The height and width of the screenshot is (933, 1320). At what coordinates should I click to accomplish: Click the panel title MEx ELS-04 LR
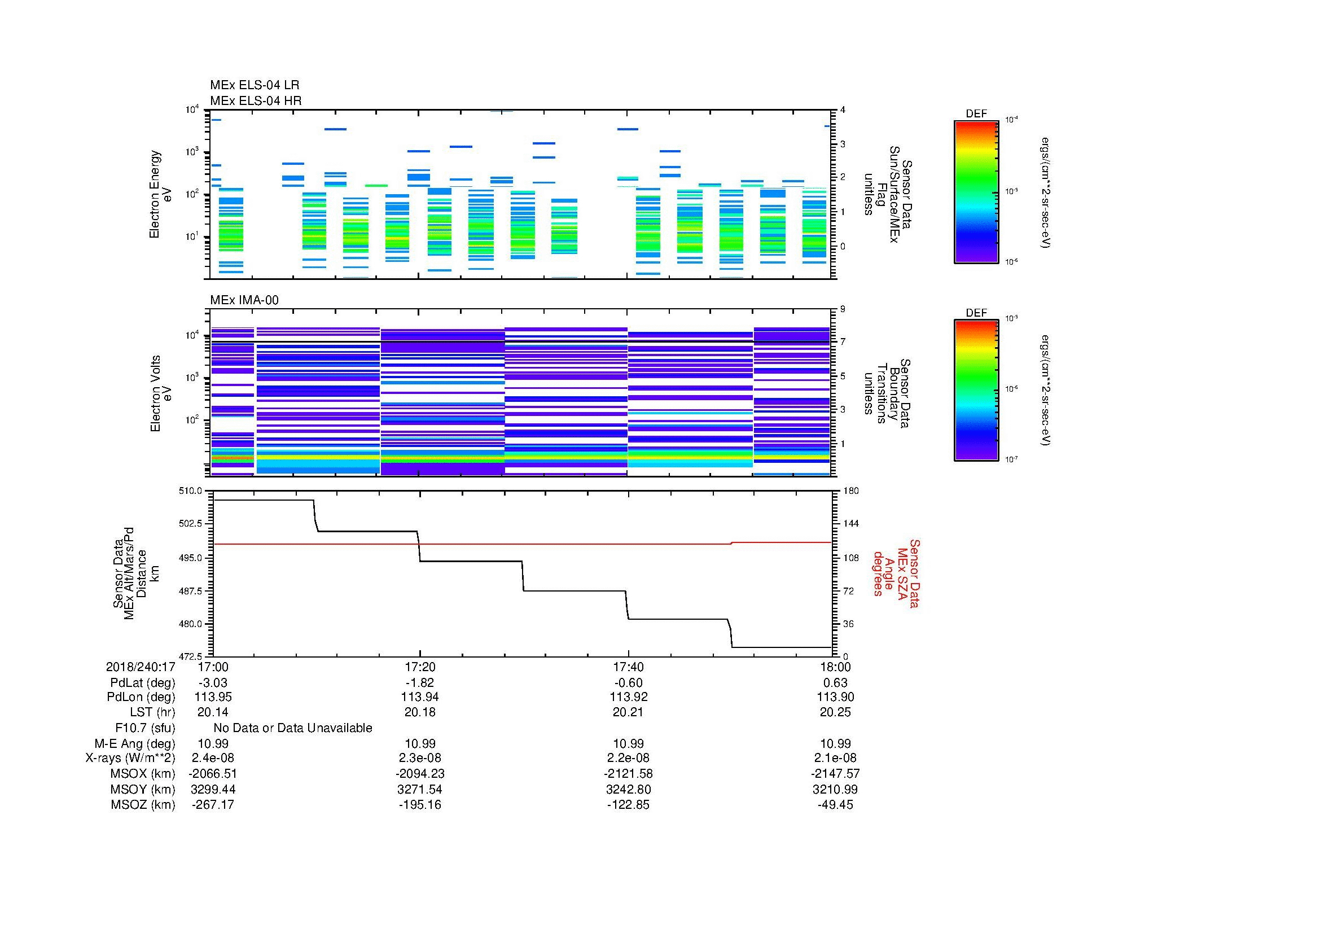pos(254,85)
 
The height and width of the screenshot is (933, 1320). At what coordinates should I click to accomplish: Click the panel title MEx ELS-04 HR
pos(255,100)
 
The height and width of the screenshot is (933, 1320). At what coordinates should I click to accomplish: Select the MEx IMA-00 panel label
pos(244,300)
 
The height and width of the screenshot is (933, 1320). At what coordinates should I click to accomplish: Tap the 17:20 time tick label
pos(420,667)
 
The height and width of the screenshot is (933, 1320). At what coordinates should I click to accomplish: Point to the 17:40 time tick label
pos(628,667)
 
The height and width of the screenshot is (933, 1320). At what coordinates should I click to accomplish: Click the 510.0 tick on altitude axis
pos(191,491)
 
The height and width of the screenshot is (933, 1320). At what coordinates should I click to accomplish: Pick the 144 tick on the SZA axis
pos(850,524)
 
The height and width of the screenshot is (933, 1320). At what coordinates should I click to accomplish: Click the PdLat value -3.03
pos(213,683)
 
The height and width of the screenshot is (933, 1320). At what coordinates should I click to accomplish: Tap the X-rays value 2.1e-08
pos(835,758)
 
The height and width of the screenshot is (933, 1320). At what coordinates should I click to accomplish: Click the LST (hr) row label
pos(152,712)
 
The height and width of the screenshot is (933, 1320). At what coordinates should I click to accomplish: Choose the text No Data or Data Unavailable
pos(293,728)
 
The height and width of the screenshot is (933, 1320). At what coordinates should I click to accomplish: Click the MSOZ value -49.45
pos(835,805)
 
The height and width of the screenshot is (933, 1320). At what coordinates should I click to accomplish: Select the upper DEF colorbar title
pos(976,114)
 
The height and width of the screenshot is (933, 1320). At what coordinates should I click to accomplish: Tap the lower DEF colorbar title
pos(976,313)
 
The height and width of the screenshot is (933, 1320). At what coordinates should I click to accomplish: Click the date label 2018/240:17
pos(141,667)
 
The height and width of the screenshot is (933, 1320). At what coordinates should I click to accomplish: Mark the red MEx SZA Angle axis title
pos(896,573)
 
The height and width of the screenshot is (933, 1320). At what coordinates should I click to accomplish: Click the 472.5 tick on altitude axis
pos(191,656)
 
